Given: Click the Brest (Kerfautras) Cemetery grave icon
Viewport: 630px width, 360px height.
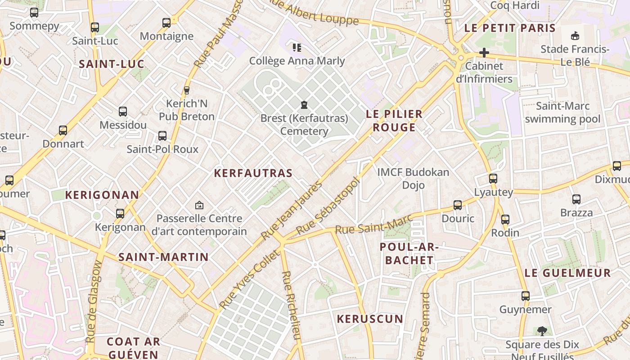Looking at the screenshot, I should pyautogui.click(x=305, y=105).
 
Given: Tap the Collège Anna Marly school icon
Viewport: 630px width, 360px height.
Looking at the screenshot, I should pyautogui.click(x=297, y=47).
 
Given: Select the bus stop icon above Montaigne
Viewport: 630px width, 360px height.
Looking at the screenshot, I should pyautogui.click(x=166, y=22).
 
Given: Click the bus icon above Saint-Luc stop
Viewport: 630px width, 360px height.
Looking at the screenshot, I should pyautogui.click(x=94, y=27).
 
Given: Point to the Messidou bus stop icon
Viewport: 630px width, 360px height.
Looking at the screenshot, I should pyautogui.click(x=123, y=112).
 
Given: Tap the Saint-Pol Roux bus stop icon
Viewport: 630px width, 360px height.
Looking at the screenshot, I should pyautogui.click(x=162, y=135).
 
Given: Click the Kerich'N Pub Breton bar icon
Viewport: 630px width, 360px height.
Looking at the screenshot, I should pyautogui.click(x=187, y=90).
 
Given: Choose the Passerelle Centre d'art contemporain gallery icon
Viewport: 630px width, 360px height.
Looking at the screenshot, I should pyautogui.click(x=199, y=206).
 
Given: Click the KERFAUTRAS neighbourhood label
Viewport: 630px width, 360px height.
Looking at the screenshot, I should pyautogui.click(x=253, y=173).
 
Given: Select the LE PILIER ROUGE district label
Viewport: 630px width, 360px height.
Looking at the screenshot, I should pyautogui.click(x=394, y=121).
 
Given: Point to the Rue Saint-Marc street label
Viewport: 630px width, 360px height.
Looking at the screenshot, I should pyautogui.click(x=367, y=224).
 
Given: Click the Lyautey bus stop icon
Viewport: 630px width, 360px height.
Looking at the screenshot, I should pyautogui.click(x=493, y=179).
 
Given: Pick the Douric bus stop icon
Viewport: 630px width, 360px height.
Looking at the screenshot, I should pyautogui.click(x=458, y=205).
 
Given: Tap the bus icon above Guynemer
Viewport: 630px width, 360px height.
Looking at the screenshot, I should pyautogui.click(x=526, y=296).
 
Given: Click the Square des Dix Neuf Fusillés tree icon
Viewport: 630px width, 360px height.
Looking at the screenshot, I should pyautogui.click(x=542, y=331).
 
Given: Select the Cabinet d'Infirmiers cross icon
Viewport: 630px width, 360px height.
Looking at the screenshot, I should pyautogui.click(x=484, y=53).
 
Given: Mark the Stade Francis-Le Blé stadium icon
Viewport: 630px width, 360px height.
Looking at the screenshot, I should pyautogui.click(x=575, y=36).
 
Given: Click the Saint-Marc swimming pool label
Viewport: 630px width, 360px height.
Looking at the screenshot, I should pyautogui.click(x=562, y=112).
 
